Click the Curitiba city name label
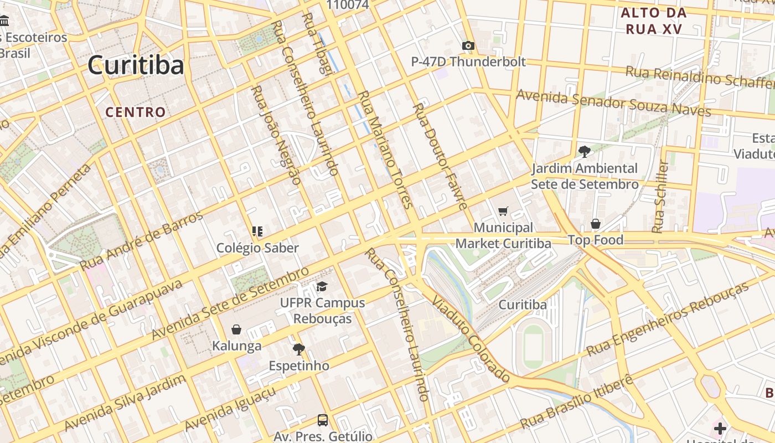click(x=136, y=65)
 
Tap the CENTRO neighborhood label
click(x=136, y=112)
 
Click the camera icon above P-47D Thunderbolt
click(x=468, y=46)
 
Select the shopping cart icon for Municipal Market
click(x=503, y=211)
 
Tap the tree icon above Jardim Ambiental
click(x=584, y=151)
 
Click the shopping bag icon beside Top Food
click(x=596, y=224)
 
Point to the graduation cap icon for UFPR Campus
click(x=322, y=286)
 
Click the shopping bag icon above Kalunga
click(x=236, y=329)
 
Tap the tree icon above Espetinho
click(x=298, y=349)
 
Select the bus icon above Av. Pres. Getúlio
click(x=322, y=420)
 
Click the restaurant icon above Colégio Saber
click(x=257, y=231)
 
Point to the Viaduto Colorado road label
click(x=471, y=339)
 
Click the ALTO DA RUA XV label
click(x=654, y=20)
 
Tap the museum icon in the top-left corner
click(x=5, y=22)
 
